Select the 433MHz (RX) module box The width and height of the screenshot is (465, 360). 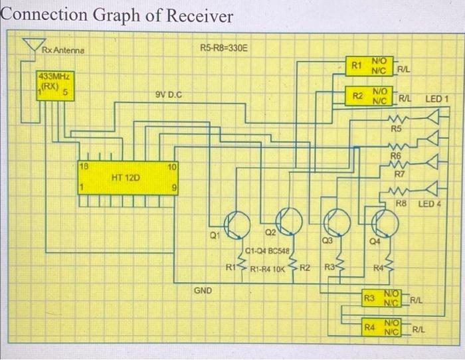tap(55, 86)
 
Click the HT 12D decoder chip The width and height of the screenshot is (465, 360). tap(126, 177)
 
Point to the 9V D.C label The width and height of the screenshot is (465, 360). tap(169, 96)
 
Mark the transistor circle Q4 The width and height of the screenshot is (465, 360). tap(385, 224)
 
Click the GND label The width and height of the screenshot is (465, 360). tap(203, 290)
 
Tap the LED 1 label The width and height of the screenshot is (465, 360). tap(437, 99)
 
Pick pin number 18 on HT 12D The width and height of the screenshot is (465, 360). tap(83, 165)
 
